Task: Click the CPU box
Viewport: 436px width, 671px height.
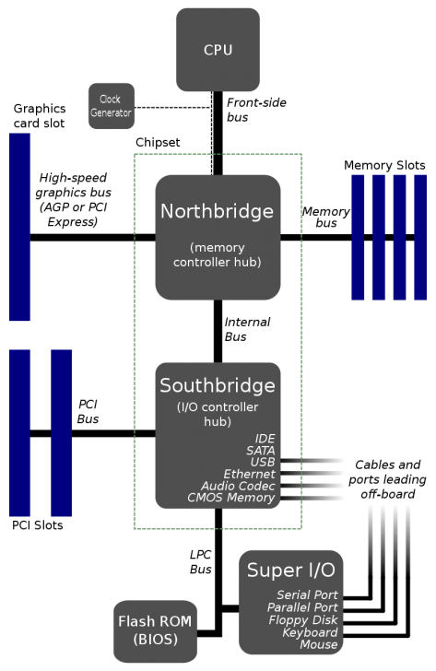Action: [218, 49]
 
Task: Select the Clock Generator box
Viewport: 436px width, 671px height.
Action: [112, 106]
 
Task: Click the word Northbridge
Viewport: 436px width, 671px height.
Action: [218, 211]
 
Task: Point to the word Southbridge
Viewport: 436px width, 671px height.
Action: [218, 384]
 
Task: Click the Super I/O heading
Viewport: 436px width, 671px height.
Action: [290, 570]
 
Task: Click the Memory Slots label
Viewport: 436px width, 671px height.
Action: [384, 165]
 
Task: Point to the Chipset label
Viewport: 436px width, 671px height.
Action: [157, 143]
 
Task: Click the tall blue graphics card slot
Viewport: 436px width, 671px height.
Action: [19, 227]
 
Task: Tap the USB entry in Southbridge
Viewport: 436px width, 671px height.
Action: [263, 462]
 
